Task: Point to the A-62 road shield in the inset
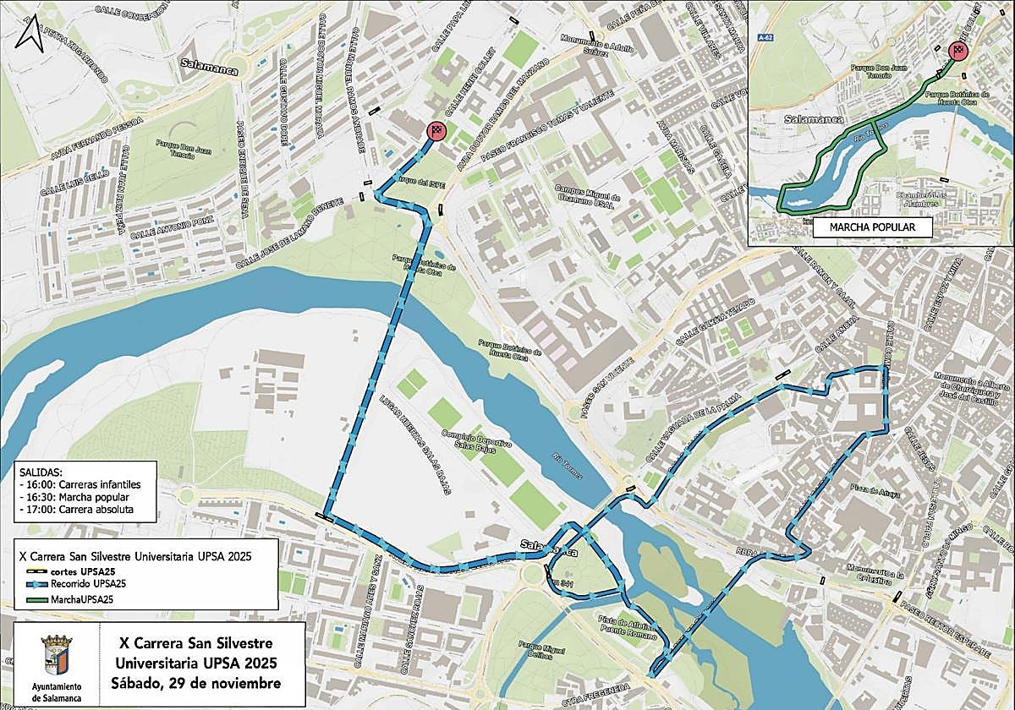766,37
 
